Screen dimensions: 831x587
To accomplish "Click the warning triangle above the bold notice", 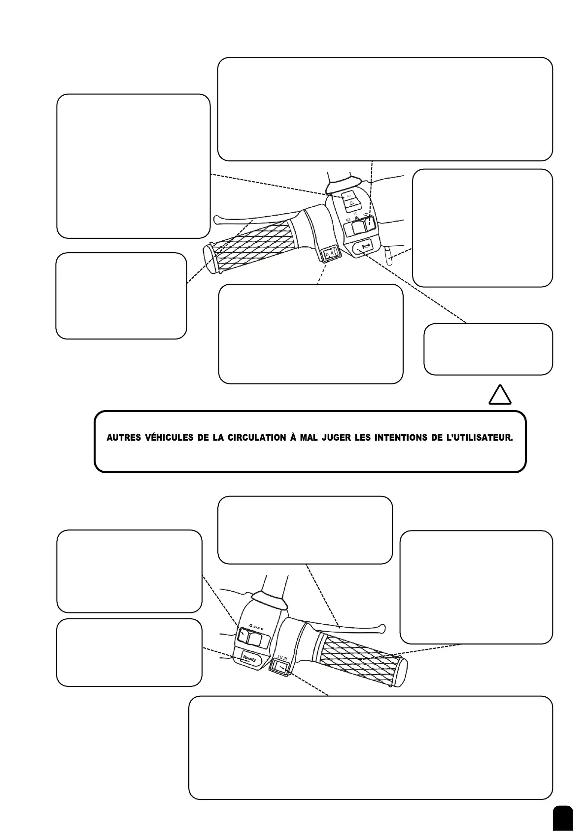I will pos(499,395).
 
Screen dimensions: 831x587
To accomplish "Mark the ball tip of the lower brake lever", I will pos(381,628).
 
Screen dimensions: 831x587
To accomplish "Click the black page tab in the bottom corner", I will pos(563,819).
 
